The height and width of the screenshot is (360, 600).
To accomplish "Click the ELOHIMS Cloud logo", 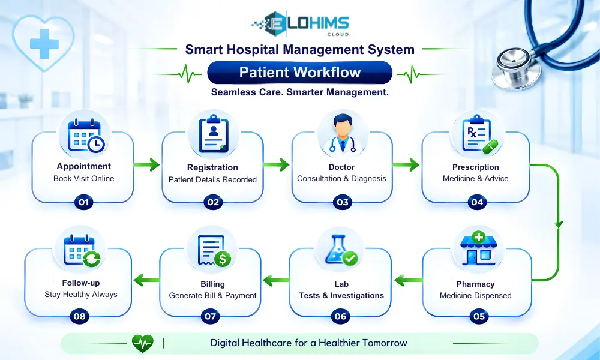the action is click(x=300, y=24).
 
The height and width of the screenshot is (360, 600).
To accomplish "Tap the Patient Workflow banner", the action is click(x=299, y=73).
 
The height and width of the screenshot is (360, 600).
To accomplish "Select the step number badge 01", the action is click(x=84, y=202).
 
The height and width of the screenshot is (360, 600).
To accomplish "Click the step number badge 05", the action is click(x=479, y=316).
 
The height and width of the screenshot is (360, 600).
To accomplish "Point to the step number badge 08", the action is click(x=80, y=316).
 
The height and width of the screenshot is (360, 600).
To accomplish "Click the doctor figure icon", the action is click(x=342, y=134).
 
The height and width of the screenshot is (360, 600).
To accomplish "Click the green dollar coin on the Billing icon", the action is click(x=223, y=259).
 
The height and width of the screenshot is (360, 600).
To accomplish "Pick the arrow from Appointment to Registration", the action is click(x=147, y=165).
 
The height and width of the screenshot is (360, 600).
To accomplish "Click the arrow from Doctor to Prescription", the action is click(x=406, y=165).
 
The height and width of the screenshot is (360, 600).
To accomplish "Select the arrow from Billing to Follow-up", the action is click(x=146, y=280).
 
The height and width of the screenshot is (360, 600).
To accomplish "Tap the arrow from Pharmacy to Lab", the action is click(x=408, y=280).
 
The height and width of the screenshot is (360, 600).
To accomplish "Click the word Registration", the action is click(x=212, y=167).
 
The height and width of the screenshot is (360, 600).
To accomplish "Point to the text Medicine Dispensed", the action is click(x=476, y=295).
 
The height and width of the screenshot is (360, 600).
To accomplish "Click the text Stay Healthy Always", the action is click(x=81, y=294).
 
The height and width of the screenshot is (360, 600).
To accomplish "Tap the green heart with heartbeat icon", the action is click(x=143, y=343).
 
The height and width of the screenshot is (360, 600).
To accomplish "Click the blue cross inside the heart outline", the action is click(x=44, y=44).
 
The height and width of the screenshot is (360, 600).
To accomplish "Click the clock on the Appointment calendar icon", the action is click(x=96, y=144).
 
